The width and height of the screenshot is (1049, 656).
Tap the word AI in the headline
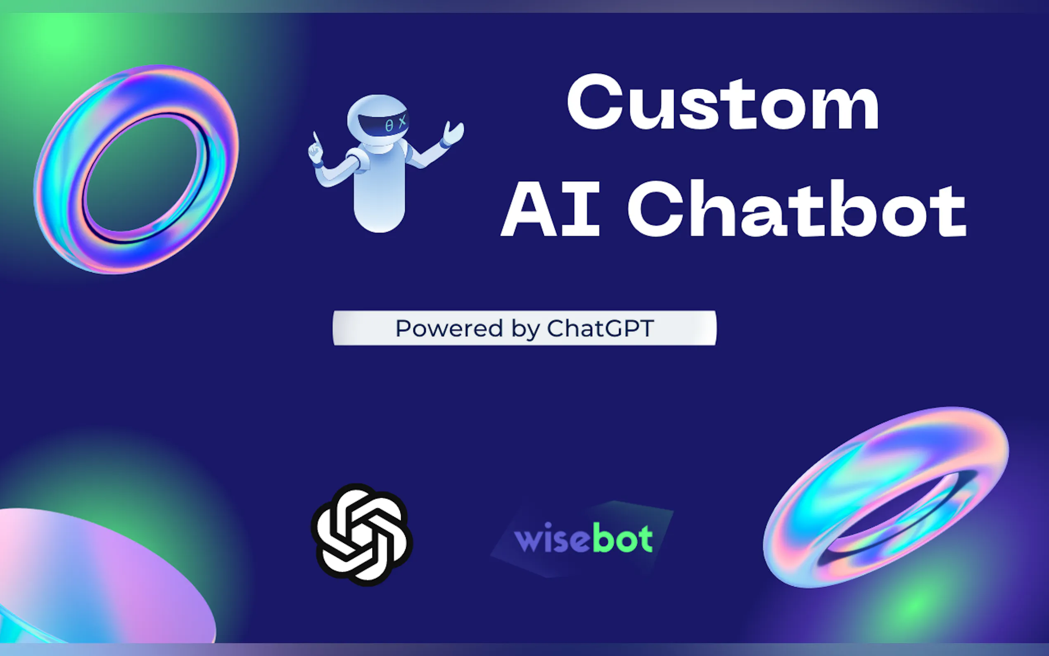coord(550,208)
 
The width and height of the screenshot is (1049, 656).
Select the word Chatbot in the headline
coord(797,208)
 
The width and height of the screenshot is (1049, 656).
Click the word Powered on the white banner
coord(449,328)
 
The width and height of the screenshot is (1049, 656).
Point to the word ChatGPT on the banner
coord(600,328)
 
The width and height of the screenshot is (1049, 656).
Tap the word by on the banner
coord(525,329)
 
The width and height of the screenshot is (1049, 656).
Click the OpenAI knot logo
coord(362,535)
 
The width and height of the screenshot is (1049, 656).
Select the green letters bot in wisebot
coord(622,537)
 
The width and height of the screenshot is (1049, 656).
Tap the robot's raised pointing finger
coord(315,138)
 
